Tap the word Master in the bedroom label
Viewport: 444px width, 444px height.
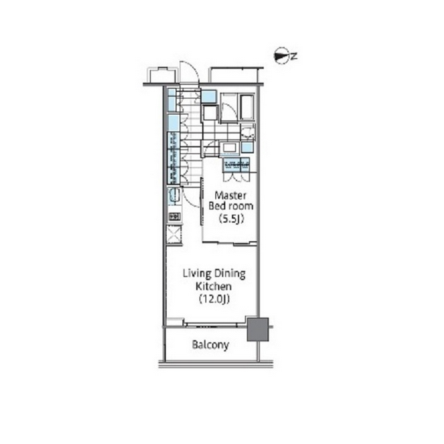(230, 195)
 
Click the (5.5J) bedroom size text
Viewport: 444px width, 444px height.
(230, 219)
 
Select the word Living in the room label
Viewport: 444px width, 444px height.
(197, 274)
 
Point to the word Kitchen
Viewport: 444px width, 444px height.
(214, 286)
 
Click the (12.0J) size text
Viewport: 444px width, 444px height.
(214, 299)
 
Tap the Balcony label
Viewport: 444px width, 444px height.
(211, 345)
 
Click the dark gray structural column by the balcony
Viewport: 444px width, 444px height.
(258, 329)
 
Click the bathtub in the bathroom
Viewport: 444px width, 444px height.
(247, 107)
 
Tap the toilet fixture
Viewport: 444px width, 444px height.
(248, 132)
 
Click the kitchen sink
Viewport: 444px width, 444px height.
(174, 195)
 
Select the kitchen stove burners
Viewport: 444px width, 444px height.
(174, 217)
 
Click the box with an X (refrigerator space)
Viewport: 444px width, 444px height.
(174, 234)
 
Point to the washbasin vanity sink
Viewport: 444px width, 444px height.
(230, 148)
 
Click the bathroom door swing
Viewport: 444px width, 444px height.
(230, 110)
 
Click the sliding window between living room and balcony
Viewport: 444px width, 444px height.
(212, 325)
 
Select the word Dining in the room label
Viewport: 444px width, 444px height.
(230, 274)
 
